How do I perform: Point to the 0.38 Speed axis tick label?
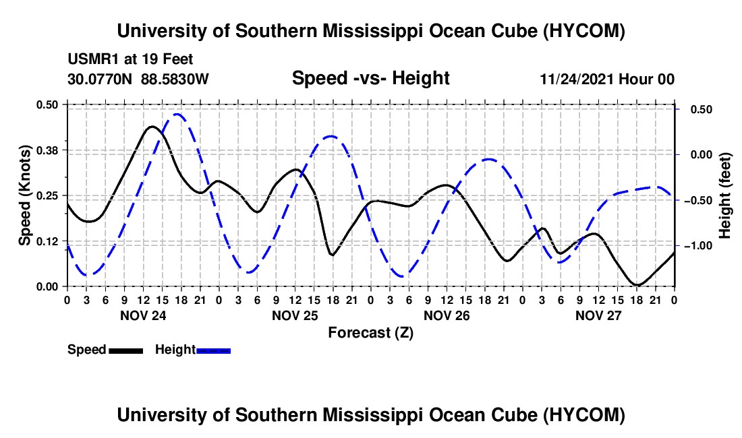click(47, 150)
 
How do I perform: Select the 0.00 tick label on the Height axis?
click(702, 155)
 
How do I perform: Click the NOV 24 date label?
click(143, 315)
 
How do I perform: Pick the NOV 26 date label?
click(447, 315)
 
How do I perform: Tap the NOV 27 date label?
click(598, 315)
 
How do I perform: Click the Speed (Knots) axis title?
click(24, 195)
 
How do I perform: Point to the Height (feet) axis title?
click(724, 195)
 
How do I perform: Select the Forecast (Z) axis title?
click(370, 333)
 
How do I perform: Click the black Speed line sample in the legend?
click(126, 350)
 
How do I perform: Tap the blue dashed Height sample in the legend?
click(213, 350)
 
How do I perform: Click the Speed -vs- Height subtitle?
click(370, 78)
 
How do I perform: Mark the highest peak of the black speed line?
click(152, 126)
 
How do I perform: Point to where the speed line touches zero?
click(637, 285)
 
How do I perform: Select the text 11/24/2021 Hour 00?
click(607, 79)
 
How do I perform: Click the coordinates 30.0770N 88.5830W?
click(138, 79)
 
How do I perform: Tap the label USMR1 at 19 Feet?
click(130, 59)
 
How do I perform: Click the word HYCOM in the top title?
click(584, 31)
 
